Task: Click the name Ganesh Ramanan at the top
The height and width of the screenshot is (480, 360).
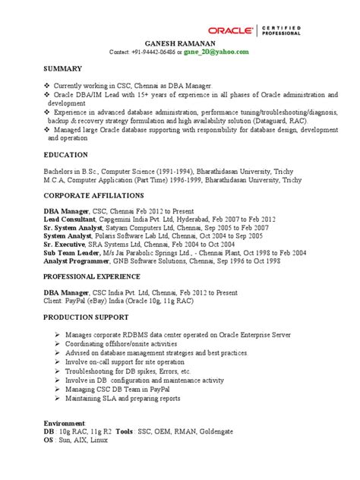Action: (180, 44)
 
